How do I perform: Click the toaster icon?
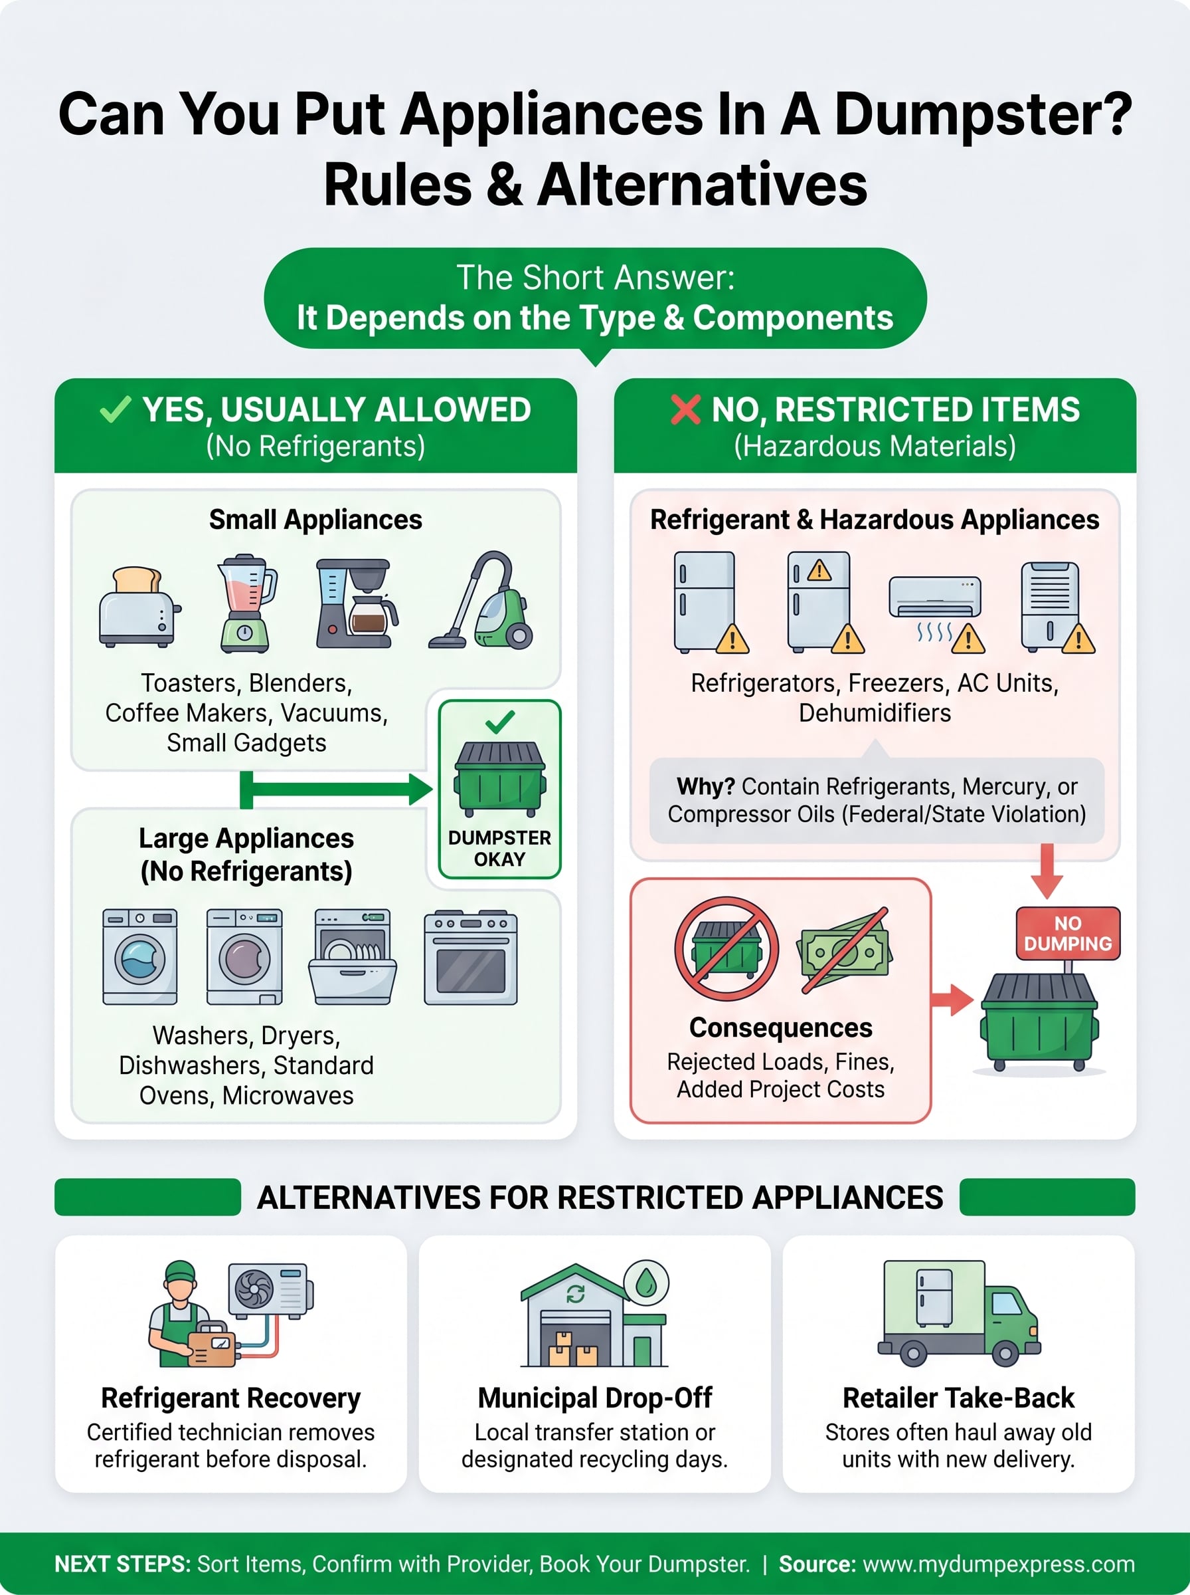pyautogui.click(x=139, y=607)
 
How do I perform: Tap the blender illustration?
pyautogui.click(x=246, y=603)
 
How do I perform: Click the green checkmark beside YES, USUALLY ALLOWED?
pyautogui.click(x=116, y=409)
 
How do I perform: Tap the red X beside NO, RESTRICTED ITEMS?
pyautogui.click(x=685, y=409)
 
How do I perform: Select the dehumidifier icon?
pyautogui.click(x=1051, y=605)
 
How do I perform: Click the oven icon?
pyautogui.click(x=470, y=957)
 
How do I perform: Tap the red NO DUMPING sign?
pyautogui.click(x=1068, y=933)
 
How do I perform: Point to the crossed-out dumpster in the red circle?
pyautogui.click(x=726, y=948)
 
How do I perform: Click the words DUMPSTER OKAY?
pyautogui.click(x=499, y=848)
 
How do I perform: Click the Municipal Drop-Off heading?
pyautogui.click(x=595, y=1398)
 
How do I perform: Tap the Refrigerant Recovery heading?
pyautogui.click(x=230, y=1398)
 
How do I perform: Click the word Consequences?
pyautogui.click(x=780, y=1027)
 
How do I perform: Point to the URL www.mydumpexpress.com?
pyautogui.click(x=998, y=1564)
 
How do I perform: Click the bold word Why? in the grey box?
pyautogui.click(x=705, y=786)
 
